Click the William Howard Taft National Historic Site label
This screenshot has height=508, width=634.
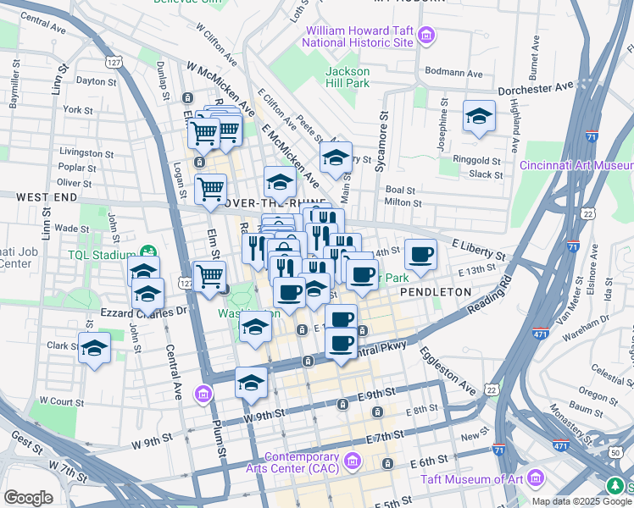(359, 36)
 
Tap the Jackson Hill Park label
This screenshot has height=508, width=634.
(348, 77)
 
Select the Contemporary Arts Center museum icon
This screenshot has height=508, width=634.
(353, 461)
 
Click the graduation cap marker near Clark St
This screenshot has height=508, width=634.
(94, 347)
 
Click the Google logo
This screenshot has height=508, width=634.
(28, 498)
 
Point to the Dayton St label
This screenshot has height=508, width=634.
(96, 81)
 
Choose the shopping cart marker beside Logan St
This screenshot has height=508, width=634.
(209, 190)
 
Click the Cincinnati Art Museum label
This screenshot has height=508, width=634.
(576, 165)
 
